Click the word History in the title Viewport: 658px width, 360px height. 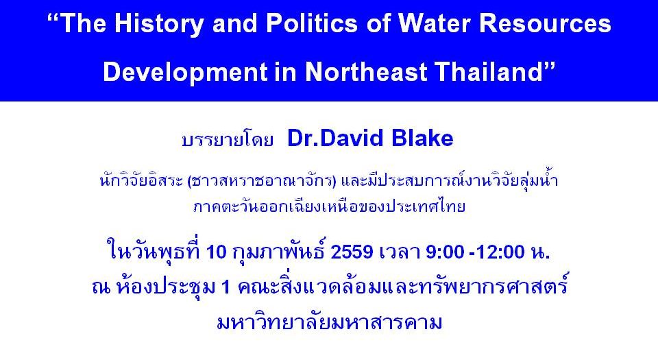click(159, 25)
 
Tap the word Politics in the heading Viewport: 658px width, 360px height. click(311, 23)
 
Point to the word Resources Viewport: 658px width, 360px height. click(545, 23)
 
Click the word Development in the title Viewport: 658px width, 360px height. click(185, 73)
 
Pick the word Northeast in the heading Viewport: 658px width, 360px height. click(366, 72)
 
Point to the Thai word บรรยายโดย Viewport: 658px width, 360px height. click(228, 140)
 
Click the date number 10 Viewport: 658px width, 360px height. click(217, 252)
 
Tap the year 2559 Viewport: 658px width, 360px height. click(352, 252)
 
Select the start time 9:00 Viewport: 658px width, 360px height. click(445, 252)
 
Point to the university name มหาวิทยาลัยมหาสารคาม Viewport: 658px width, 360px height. click(330, 322)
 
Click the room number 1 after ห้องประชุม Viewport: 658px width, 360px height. click(226, 287)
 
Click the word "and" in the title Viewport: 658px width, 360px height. click(235, 23)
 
